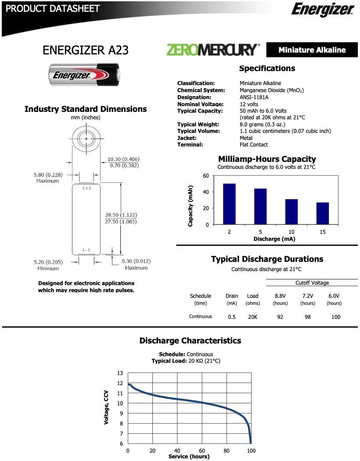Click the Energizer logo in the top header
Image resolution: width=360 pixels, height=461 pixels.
(323, 9)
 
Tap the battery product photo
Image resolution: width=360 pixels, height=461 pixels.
(84, 75)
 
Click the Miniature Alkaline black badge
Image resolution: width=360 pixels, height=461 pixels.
(312, 50)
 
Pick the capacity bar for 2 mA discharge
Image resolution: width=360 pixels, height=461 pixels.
(229, 204)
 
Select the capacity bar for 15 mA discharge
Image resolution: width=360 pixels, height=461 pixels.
(323, 213)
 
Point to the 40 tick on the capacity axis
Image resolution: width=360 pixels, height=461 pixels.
(206, 192)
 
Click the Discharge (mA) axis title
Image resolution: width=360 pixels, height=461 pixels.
(274, 239)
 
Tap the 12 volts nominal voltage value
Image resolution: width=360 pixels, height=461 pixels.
(249, 104)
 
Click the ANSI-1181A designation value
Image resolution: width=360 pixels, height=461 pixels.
(254, 97)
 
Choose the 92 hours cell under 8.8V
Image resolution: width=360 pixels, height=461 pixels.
(280, 317)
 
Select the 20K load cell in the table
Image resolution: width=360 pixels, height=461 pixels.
(253, 317)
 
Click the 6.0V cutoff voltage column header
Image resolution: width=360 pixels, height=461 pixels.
(334, 296)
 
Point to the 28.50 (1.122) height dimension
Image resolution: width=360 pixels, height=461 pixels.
(121, 215)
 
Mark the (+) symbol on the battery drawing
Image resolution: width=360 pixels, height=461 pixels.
(86, 188)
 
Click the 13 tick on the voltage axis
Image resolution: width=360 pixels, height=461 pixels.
(120, 373)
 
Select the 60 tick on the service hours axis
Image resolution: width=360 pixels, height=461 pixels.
(202, 451)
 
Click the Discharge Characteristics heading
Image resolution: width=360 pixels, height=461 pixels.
(190, 341)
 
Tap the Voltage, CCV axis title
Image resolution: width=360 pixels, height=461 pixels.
(106, 408)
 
